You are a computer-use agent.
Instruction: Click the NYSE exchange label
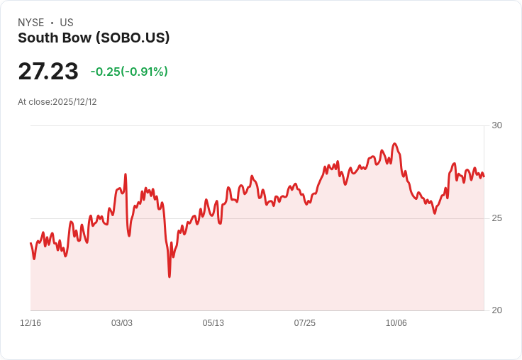coord(31,23)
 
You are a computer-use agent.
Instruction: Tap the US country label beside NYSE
coord(67,23)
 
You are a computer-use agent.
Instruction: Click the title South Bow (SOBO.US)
coord(94,38)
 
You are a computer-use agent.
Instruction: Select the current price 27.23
coord(48,71)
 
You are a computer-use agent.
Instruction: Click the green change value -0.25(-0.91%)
coord(129,72)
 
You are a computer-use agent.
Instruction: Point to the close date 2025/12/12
coord(74,102)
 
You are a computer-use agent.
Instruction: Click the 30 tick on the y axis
coord(496,125)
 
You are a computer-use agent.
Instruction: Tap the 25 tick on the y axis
coord(496,218)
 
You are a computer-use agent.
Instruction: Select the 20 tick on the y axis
coord(496,310)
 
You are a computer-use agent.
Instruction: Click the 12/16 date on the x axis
coord(30,323)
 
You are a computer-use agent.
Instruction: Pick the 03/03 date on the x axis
coord(122,323)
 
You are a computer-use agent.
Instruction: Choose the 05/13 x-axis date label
coord(213,323)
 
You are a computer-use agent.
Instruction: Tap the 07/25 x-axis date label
coord(304,323)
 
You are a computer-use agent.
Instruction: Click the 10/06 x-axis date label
coord(396,323)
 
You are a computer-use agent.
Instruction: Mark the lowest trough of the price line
coord(170,276)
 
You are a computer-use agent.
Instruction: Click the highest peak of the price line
coord(395,144)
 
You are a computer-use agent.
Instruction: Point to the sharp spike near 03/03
coord(126,174)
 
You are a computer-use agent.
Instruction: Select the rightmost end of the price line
coord(484,176)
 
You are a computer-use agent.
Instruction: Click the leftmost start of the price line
coord(30,243)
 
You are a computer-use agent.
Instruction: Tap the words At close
coord(33,102)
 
